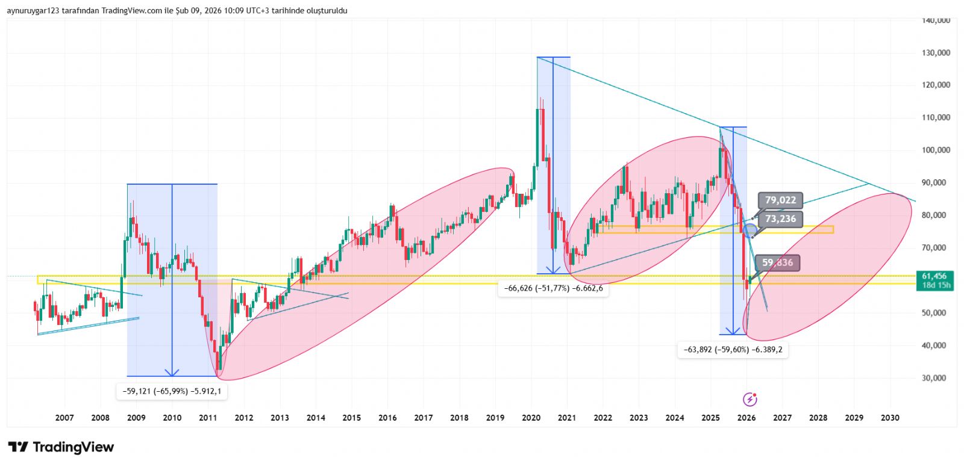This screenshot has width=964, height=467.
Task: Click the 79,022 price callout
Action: (780, 200)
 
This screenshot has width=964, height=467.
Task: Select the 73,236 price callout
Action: (780, 219)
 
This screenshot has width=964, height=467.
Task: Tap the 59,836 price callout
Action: (777, 263)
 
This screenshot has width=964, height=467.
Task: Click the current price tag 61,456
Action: (934, 276)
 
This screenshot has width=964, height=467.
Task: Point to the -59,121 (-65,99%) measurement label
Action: (172, 391)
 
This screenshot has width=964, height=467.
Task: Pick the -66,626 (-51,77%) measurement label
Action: (553, 288)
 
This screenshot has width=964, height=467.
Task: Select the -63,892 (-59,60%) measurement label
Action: (733, 350)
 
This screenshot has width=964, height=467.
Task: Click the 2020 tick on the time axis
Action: (531, 418)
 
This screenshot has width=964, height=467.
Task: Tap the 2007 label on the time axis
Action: (64, 418)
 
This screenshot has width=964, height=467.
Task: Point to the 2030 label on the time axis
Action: (890, 418)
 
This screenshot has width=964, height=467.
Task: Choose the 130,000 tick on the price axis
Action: (936, 53)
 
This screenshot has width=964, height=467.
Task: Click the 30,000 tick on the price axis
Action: (936, 378)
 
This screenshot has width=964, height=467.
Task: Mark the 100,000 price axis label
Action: (936, 150)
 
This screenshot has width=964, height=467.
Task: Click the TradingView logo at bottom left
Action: (61, 447)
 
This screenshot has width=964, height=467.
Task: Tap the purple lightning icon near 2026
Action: (750, 399)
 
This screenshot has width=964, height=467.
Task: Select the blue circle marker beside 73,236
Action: (750, 230)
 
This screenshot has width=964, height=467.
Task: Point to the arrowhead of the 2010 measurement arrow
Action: (172, 373)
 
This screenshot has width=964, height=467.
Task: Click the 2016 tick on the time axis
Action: (387, 418)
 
